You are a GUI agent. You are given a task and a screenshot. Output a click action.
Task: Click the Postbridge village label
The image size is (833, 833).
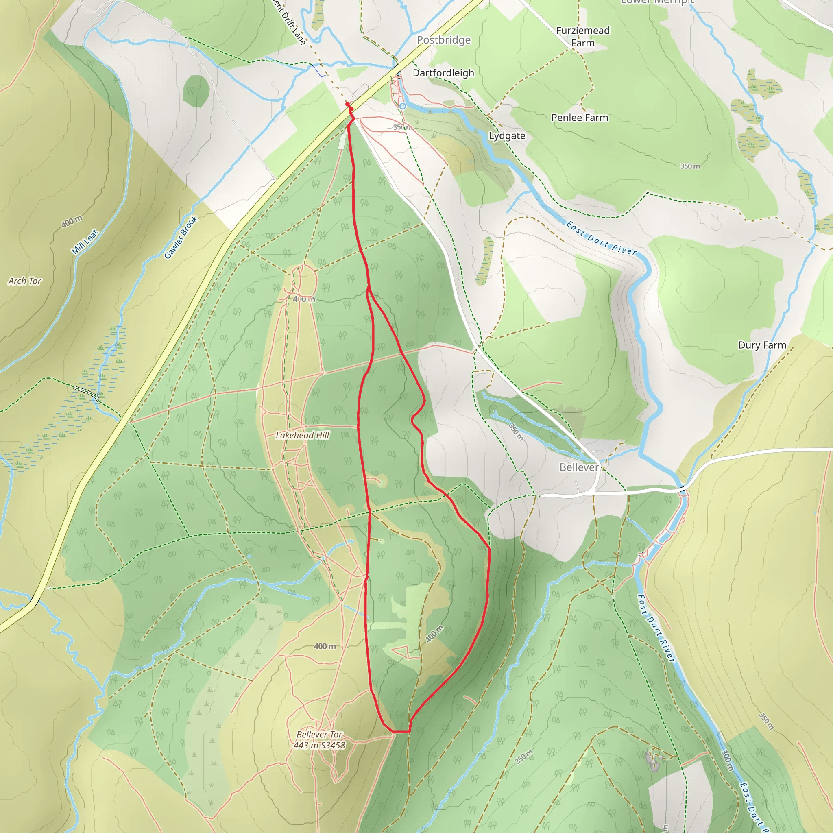pos(444,40)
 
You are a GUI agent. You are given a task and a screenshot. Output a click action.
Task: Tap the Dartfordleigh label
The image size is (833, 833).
pos(443,73)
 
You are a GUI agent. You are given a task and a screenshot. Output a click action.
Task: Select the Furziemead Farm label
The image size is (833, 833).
pos(582,37)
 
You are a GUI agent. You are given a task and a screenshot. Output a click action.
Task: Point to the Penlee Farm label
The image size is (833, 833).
pos(580,118)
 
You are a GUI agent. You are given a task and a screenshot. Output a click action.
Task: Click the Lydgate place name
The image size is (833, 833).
pos(507,136)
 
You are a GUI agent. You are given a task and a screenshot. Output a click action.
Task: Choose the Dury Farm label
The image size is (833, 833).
pos(762,345)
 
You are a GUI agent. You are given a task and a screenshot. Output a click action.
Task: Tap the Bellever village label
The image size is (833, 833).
pos(579,467)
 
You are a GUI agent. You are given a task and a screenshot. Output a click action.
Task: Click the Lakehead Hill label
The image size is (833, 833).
pos(302,436)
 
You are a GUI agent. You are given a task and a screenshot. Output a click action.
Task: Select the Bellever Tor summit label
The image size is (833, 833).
pos(319,734)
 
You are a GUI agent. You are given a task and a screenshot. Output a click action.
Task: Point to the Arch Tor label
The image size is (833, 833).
pos(24,281)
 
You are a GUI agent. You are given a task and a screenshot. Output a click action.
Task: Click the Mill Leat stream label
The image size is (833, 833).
pos(85,242)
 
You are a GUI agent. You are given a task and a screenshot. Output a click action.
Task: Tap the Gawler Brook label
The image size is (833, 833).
pos(181,237)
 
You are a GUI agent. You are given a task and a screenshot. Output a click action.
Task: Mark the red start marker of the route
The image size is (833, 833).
pos(347,105)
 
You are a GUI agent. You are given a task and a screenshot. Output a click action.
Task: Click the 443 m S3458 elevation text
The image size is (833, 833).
pos(319,746)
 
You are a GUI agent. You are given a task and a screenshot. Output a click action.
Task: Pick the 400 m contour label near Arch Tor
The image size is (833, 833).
pos(72,222)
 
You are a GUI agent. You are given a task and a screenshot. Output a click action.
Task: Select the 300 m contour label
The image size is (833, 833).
pos(727,760)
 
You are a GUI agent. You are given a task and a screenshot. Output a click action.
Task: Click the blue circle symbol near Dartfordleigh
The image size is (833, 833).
pos(403,106)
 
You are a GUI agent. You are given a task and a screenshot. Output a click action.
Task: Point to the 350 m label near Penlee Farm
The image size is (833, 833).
pos(690,166)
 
